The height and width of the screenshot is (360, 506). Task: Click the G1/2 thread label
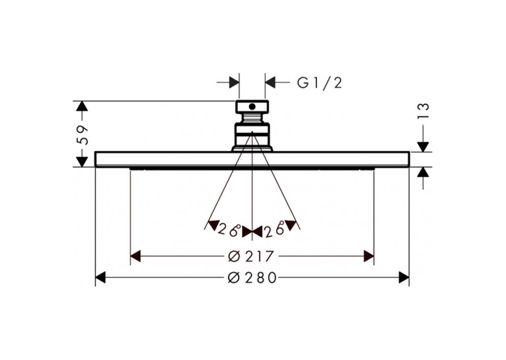coord(319,83)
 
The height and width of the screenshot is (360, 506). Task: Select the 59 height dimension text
coord(83,134)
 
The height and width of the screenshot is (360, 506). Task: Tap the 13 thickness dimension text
coord(425,111)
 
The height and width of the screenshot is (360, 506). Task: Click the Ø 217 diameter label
coord(251,257)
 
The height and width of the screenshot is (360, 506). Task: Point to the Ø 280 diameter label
coord(252,277)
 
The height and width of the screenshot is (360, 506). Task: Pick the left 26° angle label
coord(230,230)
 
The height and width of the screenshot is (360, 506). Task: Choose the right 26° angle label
coord(274,230)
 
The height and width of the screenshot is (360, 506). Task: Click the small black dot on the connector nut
coord(252,106)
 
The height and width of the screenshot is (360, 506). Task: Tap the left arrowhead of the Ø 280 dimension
coord(100,277)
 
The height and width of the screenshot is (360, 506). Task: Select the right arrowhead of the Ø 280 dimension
coord(404,277)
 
